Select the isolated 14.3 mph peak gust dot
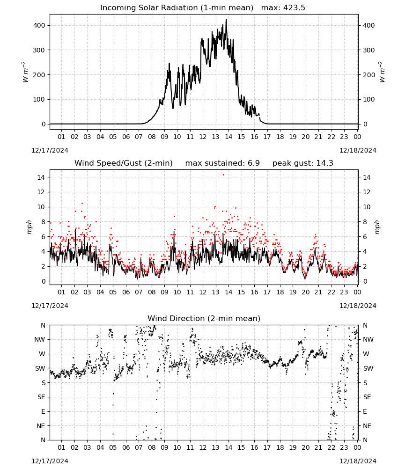pyautogui.click(x=223, y=175)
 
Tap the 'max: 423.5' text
pyautogui.click(x=283, y=8)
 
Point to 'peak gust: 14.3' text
pyautogui.click(x=302, y=163)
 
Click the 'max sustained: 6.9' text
pyautogui.click(x=222, y=163)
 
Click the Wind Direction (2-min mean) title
pyautogui.click(x=204, y=318)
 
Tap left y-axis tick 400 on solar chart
pyautogui.click(x=39, y=25)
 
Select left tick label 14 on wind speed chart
pyautogui.click(x=41, y=177)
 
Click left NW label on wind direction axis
pyautogui.click(x=40, y=340)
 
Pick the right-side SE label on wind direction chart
pyautogui.click(x=367, y=397)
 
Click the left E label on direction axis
pyautogui.click(x=43, y=411)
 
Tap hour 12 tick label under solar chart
pyautogui.click(x=203, y=137)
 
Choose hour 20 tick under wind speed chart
pyautogui.click(x=305, y=292)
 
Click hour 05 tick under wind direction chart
pyautogui.click(x=113, y=447)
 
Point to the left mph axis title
pyautogui.click(x=29, y=227)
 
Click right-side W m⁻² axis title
pyautogui.click(x=382, y=72)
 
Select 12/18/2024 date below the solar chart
pyautogui.click(x=358, y=150)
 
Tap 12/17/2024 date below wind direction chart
pyautogui.click(x=50, y=461)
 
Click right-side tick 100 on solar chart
pyautogui.click(x=369, y=99)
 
